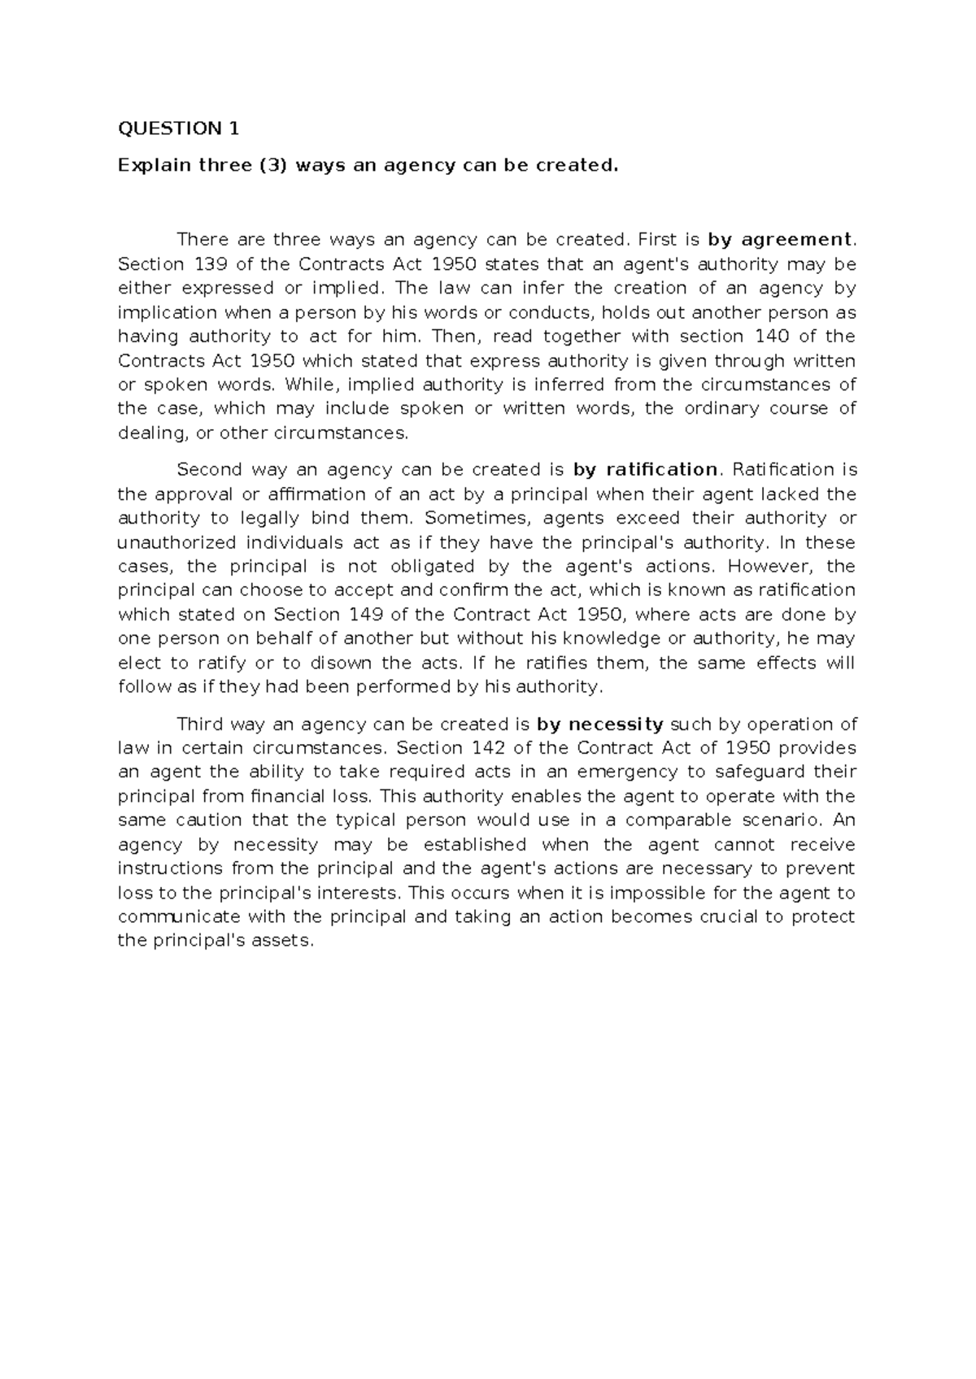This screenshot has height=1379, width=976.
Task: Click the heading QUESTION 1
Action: click(179, 128)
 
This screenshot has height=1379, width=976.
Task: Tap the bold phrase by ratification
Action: click(645, 470)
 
